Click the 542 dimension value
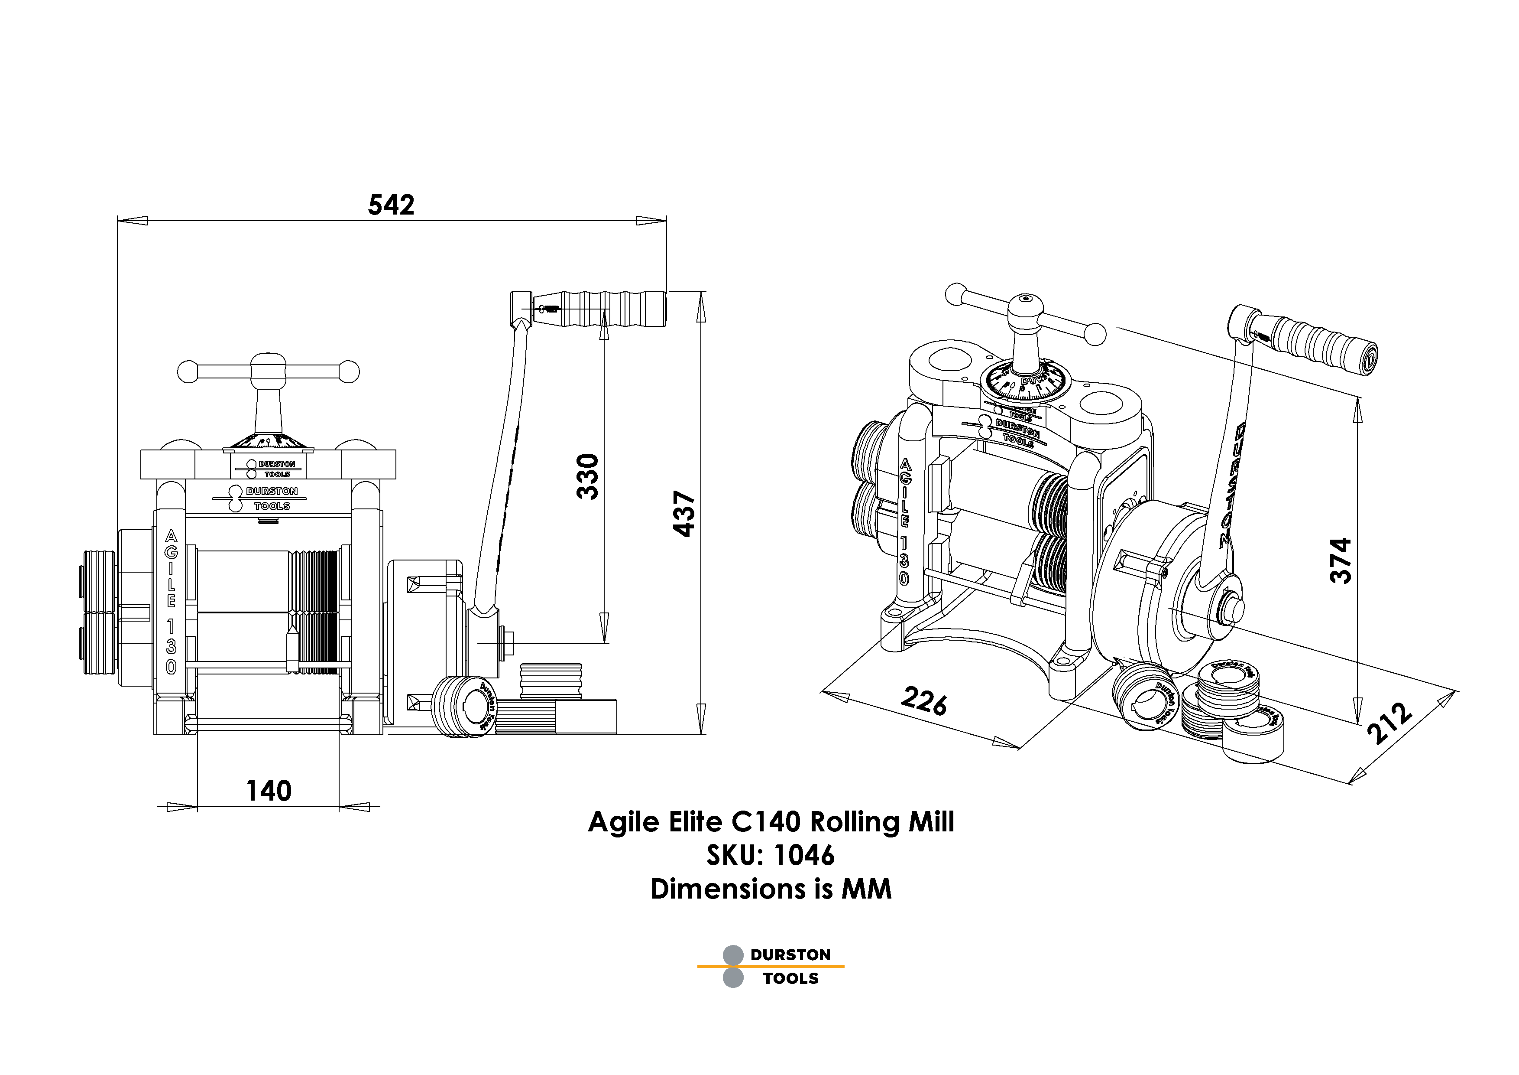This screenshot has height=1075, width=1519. pos(391,205)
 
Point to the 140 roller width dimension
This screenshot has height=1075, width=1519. pos(269,791)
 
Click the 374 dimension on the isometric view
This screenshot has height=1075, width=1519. pos(1341,560)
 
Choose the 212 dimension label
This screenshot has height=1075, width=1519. pos(1389,723)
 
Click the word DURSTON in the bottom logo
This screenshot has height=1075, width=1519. pos(790,954)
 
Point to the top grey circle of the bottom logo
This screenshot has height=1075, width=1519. pos(733,954)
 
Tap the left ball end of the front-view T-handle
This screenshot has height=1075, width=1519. pos(187,372)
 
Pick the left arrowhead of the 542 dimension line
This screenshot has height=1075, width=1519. pos(132,221)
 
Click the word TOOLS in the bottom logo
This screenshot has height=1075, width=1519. pos(790,978)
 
